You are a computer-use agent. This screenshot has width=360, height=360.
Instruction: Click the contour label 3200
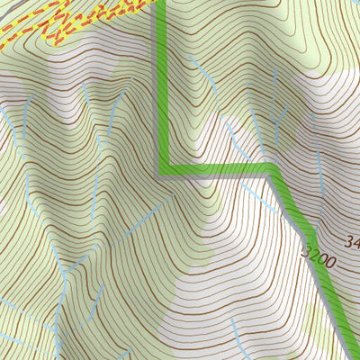point(319,258)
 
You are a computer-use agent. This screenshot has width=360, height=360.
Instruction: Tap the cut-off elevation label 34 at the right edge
point(352,241)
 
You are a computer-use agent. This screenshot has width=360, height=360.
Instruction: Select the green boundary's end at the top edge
point(162,3)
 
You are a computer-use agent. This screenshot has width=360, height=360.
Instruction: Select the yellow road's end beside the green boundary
point(148,4)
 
